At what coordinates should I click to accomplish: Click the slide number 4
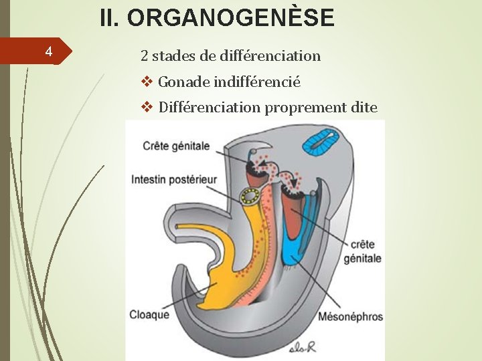coord(48,51)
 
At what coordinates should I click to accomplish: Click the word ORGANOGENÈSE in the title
coord(230,18)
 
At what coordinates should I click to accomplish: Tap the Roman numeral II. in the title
coord(110,18)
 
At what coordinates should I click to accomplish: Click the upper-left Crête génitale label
coord(176,146)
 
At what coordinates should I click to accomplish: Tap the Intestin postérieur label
coord(174,179)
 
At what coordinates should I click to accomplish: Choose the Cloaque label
coord(149,315)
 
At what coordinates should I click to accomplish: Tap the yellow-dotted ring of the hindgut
coord(252,196)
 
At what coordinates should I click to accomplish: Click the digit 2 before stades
coord(144,55)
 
